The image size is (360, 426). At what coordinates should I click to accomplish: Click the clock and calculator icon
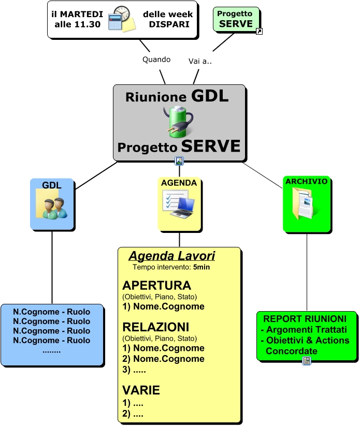tap(122, 19)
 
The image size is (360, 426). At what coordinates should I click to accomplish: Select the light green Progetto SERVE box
tap(235, 19)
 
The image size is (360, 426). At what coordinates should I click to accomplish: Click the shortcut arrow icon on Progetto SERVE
tap(260, 32)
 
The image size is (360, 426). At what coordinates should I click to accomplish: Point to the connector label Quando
tap(156, 59)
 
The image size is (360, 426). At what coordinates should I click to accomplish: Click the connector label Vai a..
tap(200, 61)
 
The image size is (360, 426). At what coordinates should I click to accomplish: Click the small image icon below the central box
tap(179, 161)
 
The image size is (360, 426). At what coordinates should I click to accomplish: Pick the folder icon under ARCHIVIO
tap(306, 204)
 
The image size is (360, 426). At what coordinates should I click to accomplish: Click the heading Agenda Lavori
tap(171, 256)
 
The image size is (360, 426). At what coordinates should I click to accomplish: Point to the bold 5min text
tap(201, 268)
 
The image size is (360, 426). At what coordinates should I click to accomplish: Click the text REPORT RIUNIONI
tap(305, 319)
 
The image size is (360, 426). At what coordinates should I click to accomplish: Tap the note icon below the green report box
tap(307, 361)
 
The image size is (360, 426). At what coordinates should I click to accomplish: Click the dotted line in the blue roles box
tap(51, 350)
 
